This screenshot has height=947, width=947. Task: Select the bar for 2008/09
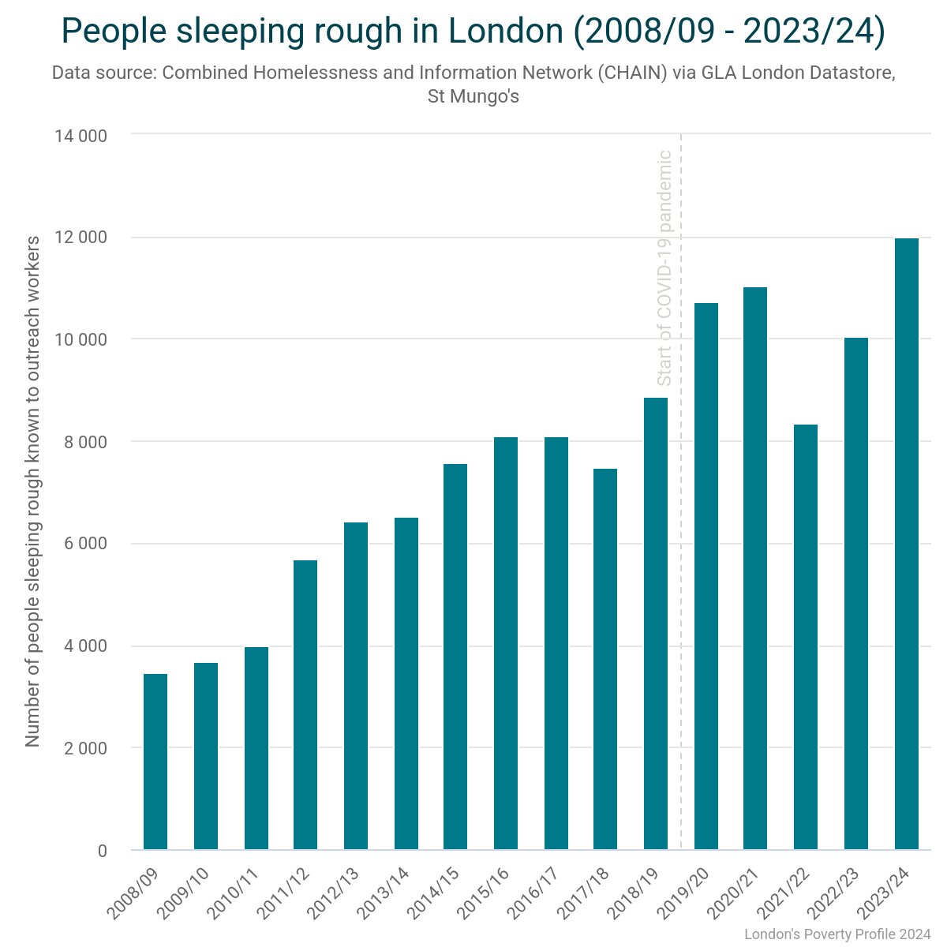coord(155,762)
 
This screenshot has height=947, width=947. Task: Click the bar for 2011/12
coord(305,705)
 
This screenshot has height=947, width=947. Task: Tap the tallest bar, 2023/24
coord(907,545)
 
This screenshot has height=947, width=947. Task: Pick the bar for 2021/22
coord(806,637)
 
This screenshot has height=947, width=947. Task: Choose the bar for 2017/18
coord(605,659)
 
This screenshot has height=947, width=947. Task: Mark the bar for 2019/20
coord(706,576)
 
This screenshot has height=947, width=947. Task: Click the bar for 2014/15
coord(455,657)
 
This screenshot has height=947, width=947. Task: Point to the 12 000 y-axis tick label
coord(80,238)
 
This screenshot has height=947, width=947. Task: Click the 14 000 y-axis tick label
coord(80,136)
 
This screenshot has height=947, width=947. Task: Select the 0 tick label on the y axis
coord(102,851)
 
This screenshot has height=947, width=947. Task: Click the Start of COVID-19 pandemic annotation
coord(664,268)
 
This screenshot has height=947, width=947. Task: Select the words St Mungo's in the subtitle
coord(473,97)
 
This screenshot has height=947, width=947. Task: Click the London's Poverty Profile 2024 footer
coord(837,934)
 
